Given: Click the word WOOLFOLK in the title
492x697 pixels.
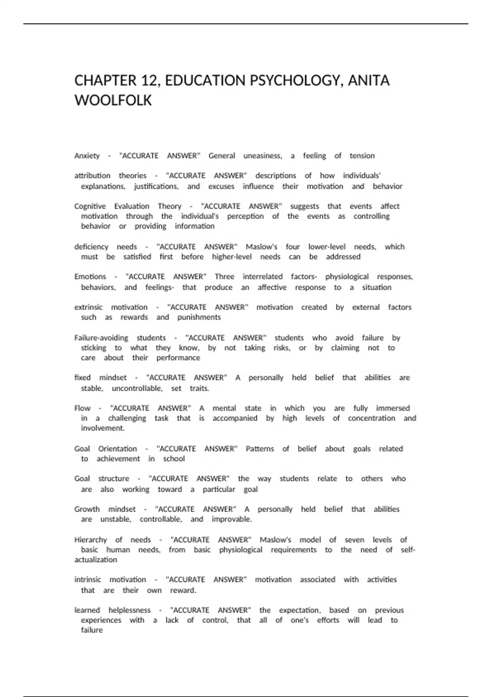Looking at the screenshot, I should coord(113,100).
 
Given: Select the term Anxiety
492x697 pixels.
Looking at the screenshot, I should coord(87,156).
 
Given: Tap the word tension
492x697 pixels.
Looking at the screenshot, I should coord(362,156).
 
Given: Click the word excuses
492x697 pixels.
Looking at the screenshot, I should coord(221,187).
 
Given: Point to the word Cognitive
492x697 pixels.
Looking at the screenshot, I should coord(90,206).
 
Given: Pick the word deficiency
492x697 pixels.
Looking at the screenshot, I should coord(91,247).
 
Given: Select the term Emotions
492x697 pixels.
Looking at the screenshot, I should coord(90,277).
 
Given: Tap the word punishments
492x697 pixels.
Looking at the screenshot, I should coord(199,317).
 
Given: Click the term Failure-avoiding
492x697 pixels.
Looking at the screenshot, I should coord(101,338).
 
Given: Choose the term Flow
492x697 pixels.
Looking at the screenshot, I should coord(82,408).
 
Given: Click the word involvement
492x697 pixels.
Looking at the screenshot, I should coord(102,428).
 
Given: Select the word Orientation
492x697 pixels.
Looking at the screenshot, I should coord(117,449).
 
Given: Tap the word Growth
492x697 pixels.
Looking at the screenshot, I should coord(87,509).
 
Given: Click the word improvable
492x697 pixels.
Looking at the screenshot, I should coord(232,519).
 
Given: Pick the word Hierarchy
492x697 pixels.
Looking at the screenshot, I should coord(91,540).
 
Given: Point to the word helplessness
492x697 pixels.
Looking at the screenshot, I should coord(130,610).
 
